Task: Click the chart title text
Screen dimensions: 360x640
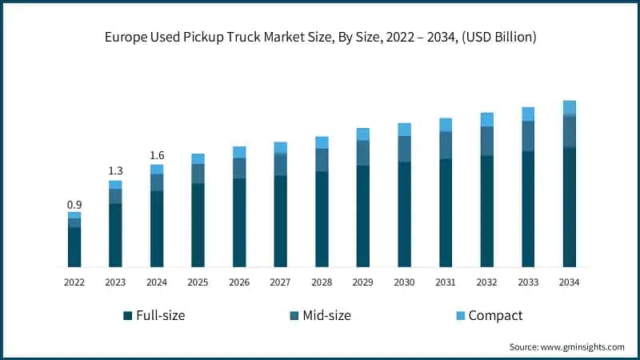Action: pos(320,38)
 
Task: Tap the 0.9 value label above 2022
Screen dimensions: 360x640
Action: pos(74,205)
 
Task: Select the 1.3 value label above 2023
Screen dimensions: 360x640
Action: pos(115,171)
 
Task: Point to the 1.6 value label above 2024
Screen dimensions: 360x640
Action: pos(157,155)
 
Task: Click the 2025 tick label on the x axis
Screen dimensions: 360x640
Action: pos(198,282)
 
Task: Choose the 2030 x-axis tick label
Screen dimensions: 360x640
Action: pos(404,282)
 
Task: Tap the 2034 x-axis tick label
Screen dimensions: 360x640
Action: pos(569,282)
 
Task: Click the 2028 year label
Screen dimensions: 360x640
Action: pos(322,282)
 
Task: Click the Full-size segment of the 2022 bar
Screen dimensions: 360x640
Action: pos(74,246)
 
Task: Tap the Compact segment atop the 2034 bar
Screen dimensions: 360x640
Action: pos(569,108)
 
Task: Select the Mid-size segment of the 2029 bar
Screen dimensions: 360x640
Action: pos(363,153)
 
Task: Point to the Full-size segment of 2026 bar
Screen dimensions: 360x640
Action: pos(239,222)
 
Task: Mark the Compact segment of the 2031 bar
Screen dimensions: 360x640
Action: pos(446,125)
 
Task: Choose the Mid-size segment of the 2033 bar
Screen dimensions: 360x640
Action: pos(528,136)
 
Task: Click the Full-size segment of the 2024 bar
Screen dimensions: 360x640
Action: pos(157,228)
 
